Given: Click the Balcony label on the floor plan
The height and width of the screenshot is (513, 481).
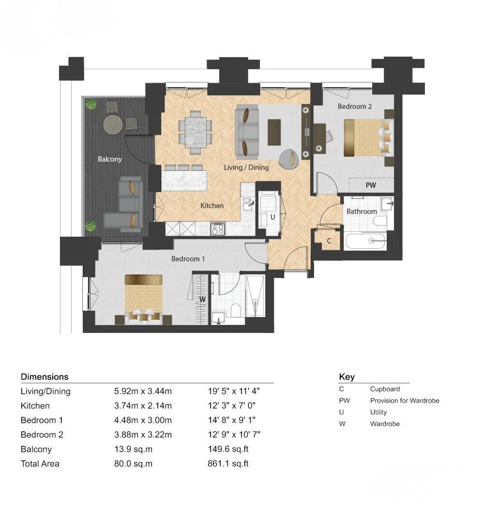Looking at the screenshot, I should [110, 159].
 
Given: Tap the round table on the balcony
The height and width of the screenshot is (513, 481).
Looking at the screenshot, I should [113, 124].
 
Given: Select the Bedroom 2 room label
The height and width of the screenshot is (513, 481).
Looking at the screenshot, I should [355, 106].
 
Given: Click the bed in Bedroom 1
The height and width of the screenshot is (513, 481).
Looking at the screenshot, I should [143, 297].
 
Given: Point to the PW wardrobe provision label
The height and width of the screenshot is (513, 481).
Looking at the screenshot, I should [371, 185].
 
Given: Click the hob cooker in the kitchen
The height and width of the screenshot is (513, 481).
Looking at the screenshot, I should [218, 228].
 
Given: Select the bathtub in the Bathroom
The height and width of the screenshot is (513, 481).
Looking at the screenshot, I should [365, 241].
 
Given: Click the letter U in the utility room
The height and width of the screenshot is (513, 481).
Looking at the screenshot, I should [272, 217].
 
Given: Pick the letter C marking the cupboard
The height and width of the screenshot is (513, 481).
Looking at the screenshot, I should [329, 241].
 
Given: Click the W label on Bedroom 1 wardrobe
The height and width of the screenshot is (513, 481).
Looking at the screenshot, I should [203, 299].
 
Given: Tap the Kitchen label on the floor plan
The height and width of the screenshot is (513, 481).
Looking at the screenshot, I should [212, 206].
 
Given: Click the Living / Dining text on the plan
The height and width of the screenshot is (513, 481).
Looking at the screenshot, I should [246, 167].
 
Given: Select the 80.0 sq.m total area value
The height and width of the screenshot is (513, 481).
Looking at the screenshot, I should [133, 464].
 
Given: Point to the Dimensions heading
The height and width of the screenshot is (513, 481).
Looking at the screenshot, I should [45, 377].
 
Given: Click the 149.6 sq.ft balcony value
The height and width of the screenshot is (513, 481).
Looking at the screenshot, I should [228, 449].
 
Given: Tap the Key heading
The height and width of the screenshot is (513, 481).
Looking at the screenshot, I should [346, 377].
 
